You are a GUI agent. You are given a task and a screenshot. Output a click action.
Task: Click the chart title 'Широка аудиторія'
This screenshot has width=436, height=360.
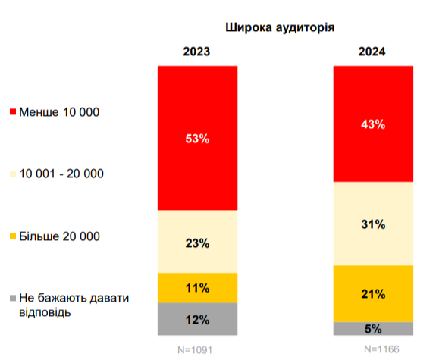tap(281, 27)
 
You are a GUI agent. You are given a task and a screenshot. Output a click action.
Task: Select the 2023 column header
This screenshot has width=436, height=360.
tap(197, 52)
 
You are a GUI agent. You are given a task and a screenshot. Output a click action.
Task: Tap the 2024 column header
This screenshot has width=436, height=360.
tap(372, 52)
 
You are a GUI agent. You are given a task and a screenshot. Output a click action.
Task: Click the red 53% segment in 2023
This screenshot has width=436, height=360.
tap(197, 138)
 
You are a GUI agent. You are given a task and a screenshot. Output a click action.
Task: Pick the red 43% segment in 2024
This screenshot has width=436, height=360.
tap(374, 124)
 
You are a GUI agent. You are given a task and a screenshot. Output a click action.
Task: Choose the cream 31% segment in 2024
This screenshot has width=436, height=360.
tap(374, 224)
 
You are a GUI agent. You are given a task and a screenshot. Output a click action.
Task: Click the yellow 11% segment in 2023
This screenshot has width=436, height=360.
tap(197, 287)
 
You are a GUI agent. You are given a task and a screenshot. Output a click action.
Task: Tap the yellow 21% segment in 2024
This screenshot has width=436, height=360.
tap(374, 293)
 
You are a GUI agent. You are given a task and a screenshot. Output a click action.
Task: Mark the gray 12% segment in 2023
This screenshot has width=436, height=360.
tap(197, 319)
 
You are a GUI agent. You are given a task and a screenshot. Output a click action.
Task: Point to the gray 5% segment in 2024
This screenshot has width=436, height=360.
tap(374, 329)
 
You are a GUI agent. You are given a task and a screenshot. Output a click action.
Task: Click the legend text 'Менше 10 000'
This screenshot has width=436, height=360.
tap(59, 112)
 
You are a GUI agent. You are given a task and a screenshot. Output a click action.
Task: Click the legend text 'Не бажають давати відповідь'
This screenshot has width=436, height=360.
tap(72, 305)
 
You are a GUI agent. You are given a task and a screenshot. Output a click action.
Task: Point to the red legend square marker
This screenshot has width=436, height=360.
tap(12, 113)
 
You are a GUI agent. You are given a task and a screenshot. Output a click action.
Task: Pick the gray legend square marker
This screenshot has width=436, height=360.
tap(12, 299)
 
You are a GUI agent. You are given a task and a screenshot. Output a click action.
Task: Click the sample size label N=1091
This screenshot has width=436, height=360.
tap(197, 349)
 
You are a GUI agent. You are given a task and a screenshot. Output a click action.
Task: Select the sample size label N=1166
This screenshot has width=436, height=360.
tap(374, 349)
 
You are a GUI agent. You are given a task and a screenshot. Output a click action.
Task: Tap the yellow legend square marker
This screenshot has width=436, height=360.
tap(12, 237)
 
